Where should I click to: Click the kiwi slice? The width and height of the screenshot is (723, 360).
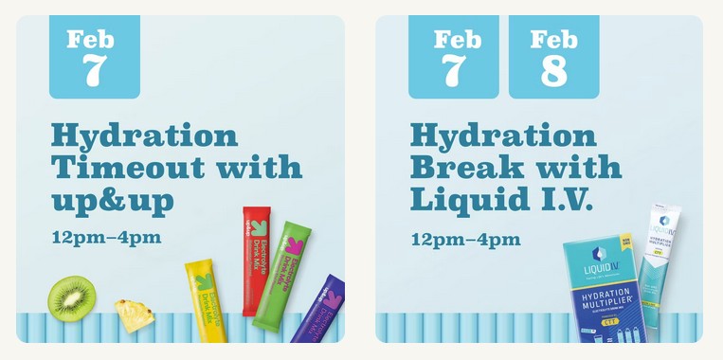point(72,297)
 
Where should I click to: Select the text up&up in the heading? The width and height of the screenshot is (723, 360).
point(114,200)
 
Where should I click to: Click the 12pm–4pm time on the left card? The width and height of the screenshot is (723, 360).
point(106,237)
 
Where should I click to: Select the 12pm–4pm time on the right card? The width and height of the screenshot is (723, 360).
point(465,237)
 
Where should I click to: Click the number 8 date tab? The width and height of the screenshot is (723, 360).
point(553,72)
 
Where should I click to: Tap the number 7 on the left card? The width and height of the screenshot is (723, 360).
point(94,72)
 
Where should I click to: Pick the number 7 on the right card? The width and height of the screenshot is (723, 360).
point(453,72)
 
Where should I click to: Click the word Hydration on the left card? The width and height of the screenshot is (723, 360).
point(144,135)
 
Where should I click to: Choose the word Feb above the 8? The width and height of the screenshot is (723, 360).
point(553,40)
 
